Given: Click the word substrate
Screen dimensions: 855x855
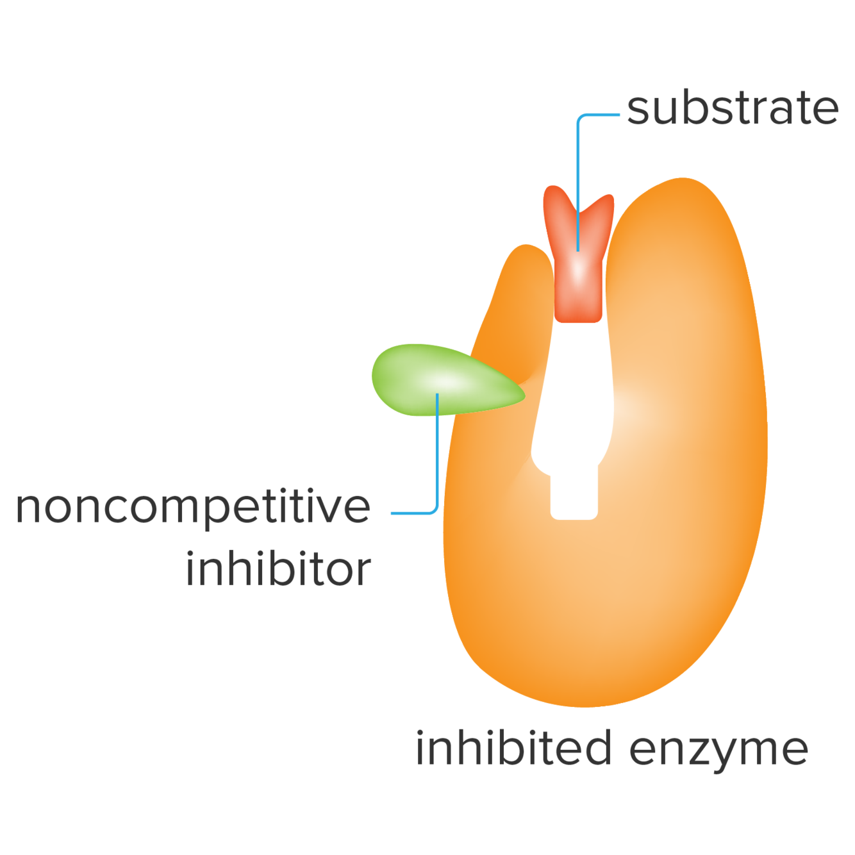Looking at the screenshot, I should pos(733,109).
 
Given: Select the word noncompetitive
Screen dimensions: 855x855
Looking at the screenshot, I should pos(193,508).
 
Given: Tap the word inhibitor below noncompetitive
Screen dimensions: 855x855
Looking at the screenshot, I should pos(279,569).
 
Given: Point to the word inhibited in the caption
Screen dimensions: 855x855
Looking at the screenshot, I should pos(513,748).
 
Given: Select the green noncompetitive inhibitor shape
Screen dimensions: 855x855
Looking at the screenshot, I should pos(436,379).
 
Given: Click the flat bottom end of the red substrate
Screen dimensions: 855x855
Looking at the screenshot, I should pos(578,318).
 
